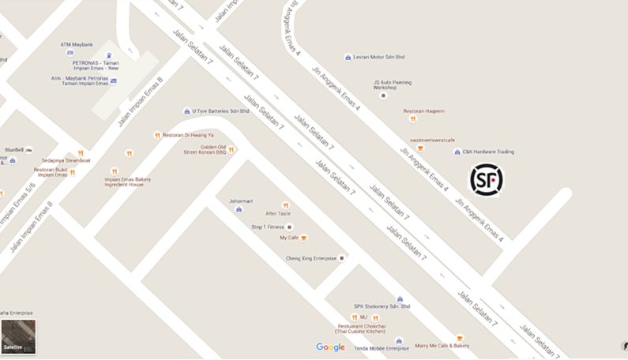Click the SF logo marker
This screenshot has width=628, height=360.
[x=486, y=180]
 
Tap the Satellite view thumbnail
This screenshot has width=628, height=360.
[x=18, y=336]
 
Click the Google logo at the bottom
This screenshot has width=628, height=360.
[x=330, y=347]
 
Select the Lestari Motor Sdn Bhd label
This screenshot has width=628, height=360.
[x=378, y=58]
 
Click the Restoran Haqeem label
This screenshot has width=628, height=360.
[x=423, y=111]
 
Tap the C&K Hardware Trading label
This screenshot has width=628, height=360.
[x=487, y=152]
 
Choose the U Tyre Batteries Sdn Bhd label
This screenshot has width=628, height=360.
[x=220, y=111]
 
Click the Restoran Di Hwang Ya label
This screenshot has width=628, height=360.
[x=188, y=135]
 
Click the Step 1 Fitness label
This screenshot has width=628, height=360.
[x=267, y=227]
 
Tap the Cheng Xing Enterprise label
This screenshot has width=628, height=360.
[x=310, y=258]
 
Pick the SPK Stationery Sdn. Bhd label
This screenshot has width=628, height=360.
[x=382, y=306]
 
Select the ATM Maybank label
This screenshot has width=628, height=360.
[x=77, y=45]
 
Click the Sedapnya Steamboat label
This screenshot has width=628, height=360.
[x=66, y=160]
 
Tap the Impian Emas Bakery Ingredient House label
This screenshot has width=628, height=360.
[x=128, y=182]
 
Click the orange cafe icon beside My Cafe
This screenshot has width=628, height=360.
[x=304, y=238]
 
